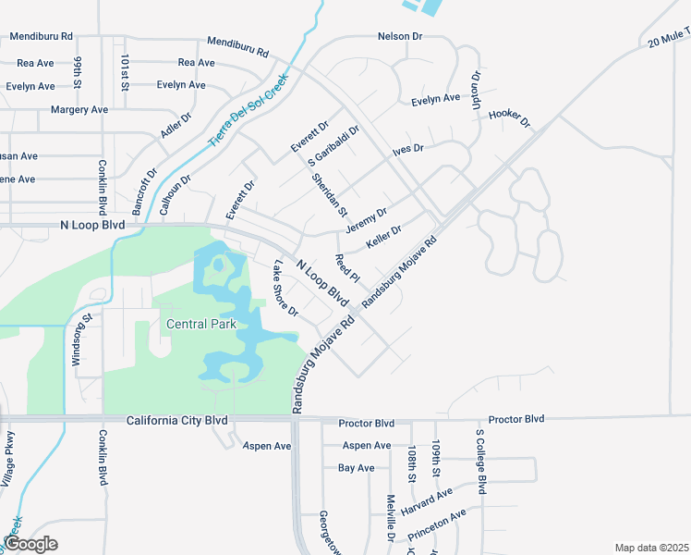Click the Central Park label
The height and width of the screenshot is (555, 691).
201,324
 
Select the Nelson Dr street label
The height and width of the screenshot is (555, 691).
399,36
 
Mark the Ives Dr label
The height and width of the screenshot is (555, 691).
406,148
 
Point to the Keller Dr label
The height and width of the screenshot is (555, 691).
383,237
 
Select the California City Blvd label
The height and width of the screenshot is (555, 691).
177,421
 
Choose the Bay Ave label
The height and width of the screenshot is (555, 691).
357,468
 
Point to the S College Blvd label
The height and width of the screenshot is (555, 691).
480,459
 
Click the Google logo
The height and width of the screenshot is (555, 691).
30,544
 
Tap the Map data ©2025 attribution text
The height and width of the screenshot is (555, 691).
651,548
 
